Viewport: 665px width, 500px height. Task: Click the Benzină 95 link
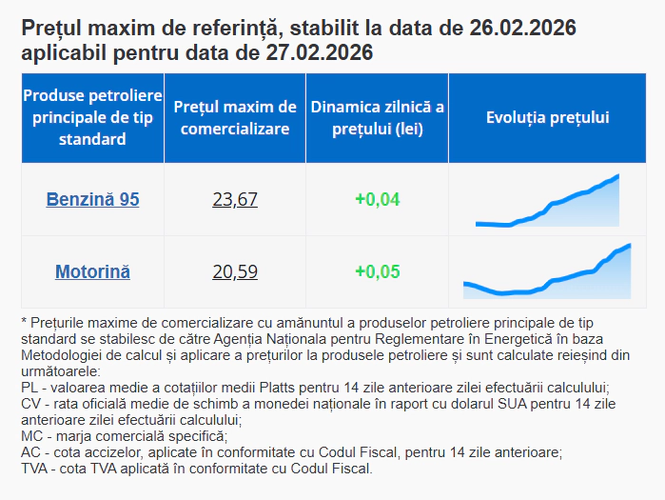coord(92,199)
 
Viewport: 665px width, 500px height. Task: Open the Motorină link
coord(92,271)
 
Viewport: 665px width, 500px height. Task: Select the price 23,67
coord(235,199)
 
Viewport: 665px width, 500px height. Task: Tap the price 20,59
coord(235,271)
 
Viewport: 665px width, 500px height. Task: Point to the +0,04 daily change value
coord(377,199)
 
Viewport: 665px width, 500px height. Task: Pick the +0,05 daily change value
coord(377,271)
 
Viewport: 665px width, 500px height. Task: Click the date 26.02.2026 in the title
coord(522,29)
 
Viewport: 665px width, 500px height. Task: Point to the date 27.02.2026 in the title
coord(319,52)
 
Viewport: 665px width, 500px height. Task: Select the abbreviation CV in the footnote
coord(29,404)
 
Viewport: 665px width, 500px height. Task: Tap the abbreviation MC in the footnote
coord(29,436)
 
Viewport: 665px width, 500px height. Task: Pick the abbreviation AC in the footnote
coord(29,452)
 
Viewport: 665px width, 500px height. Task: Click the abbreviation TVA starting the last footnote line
coord(34,469)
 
